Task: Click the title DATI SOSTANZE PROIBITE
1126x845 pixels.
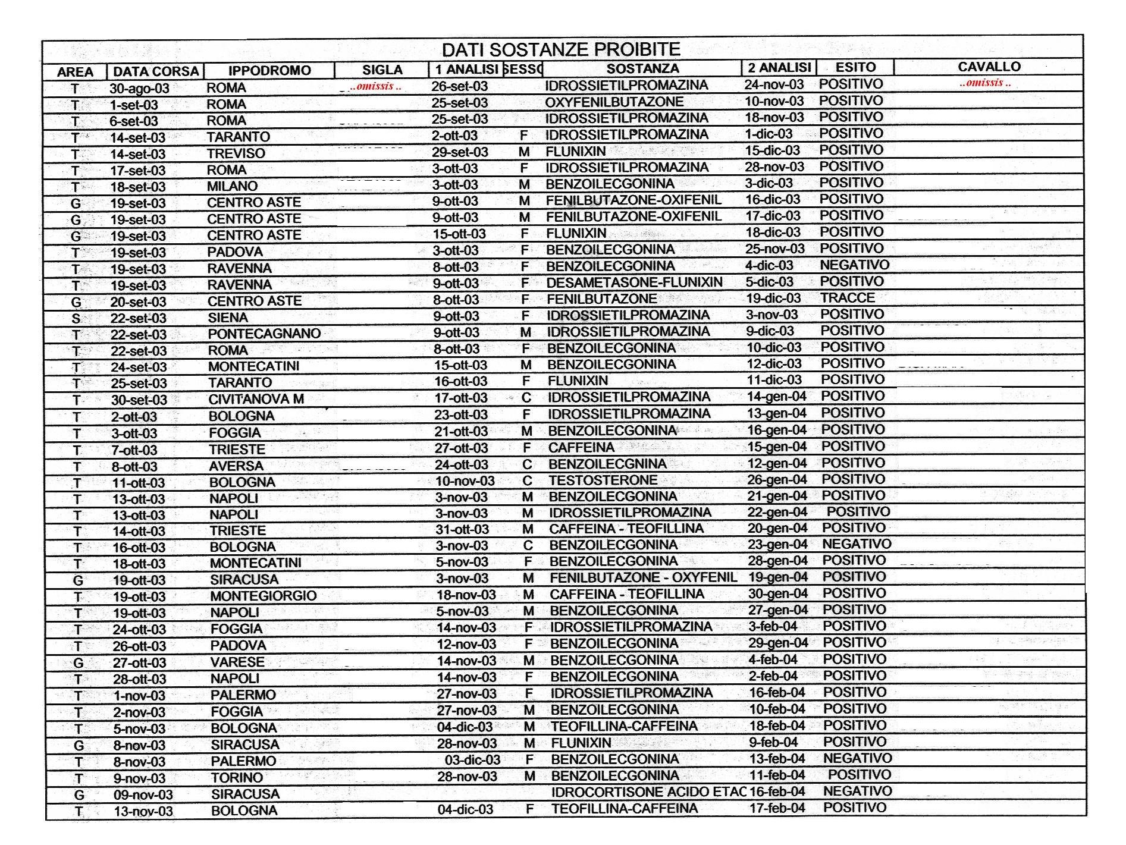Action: point(560,49)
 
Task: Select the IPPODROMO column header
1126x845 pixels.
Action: point(269,71)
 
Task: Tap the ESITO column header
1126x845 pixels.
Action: point(855,68)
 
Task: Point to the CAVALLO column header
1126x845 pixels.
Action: point(989,67)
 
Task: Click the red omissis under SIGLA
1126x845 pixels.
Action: point(376,87)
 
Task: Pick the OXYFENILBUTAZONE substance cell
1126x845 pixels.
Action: point(614,102)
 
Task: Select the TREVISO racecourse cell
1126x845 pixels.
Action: point(236,153)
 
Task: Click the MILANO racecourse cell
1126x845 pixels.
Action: point(232,186)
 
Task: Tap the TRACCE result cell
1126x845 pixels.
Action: point(847,298)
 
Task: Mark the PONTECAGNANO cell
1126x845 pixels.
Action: point(264,334)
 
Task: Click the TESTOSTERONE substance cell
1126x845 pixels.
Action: point(603,480)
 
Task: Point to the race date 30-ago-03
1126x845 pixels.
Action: point(139,89)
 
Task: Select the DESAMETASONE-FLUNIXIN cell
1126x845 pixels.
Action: point(634,282)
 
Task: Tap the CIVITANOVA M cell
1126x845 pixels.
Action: point(256,400)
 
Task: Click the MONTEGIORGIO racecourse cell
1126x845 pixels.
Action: point(263,596)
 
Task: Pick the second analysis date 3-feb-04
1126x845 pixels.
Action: point(772,627)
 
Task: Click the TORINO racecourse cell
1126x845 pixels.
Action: point(237,778)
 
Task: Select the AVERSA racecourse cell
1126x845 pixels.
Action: point(236,466)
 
